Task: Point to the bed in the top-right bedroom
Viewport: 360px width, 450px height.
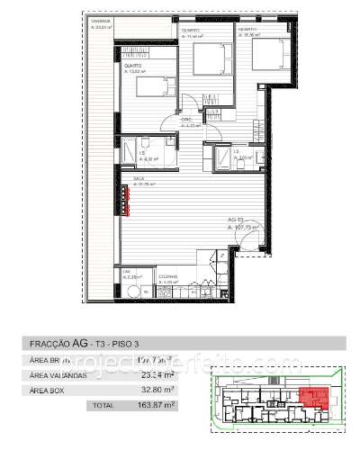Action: [267, 55]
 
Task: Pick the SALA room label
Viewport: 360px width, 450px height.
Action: [138, 180]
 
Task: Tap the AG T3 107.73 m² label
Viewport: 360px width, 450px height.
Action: [243, 225]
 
